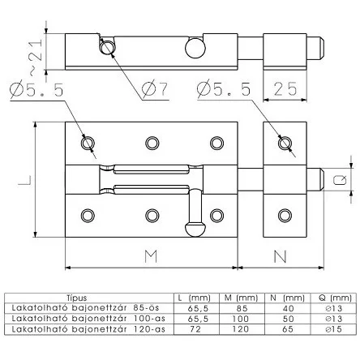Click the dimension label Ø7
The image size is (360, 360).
coord(155,88)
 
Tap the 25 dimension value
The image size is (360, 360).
coord(285,89)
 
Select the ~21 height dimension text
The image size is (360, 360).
coord(36,57)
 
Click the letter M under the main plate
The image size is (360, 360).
coord(151,256)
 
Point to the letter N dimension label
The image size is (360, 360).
coord(280,256)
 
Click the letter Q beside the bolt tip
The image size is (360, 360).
coord(340,180)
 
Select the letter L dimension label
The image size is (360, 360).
coord(24,180)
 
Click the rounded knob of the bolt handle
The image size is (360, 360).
coord(195,229)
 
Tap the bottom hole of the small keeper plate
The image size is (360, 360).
coord(285,216)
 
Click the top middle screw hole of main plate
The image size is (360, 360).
coord(152,143)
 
